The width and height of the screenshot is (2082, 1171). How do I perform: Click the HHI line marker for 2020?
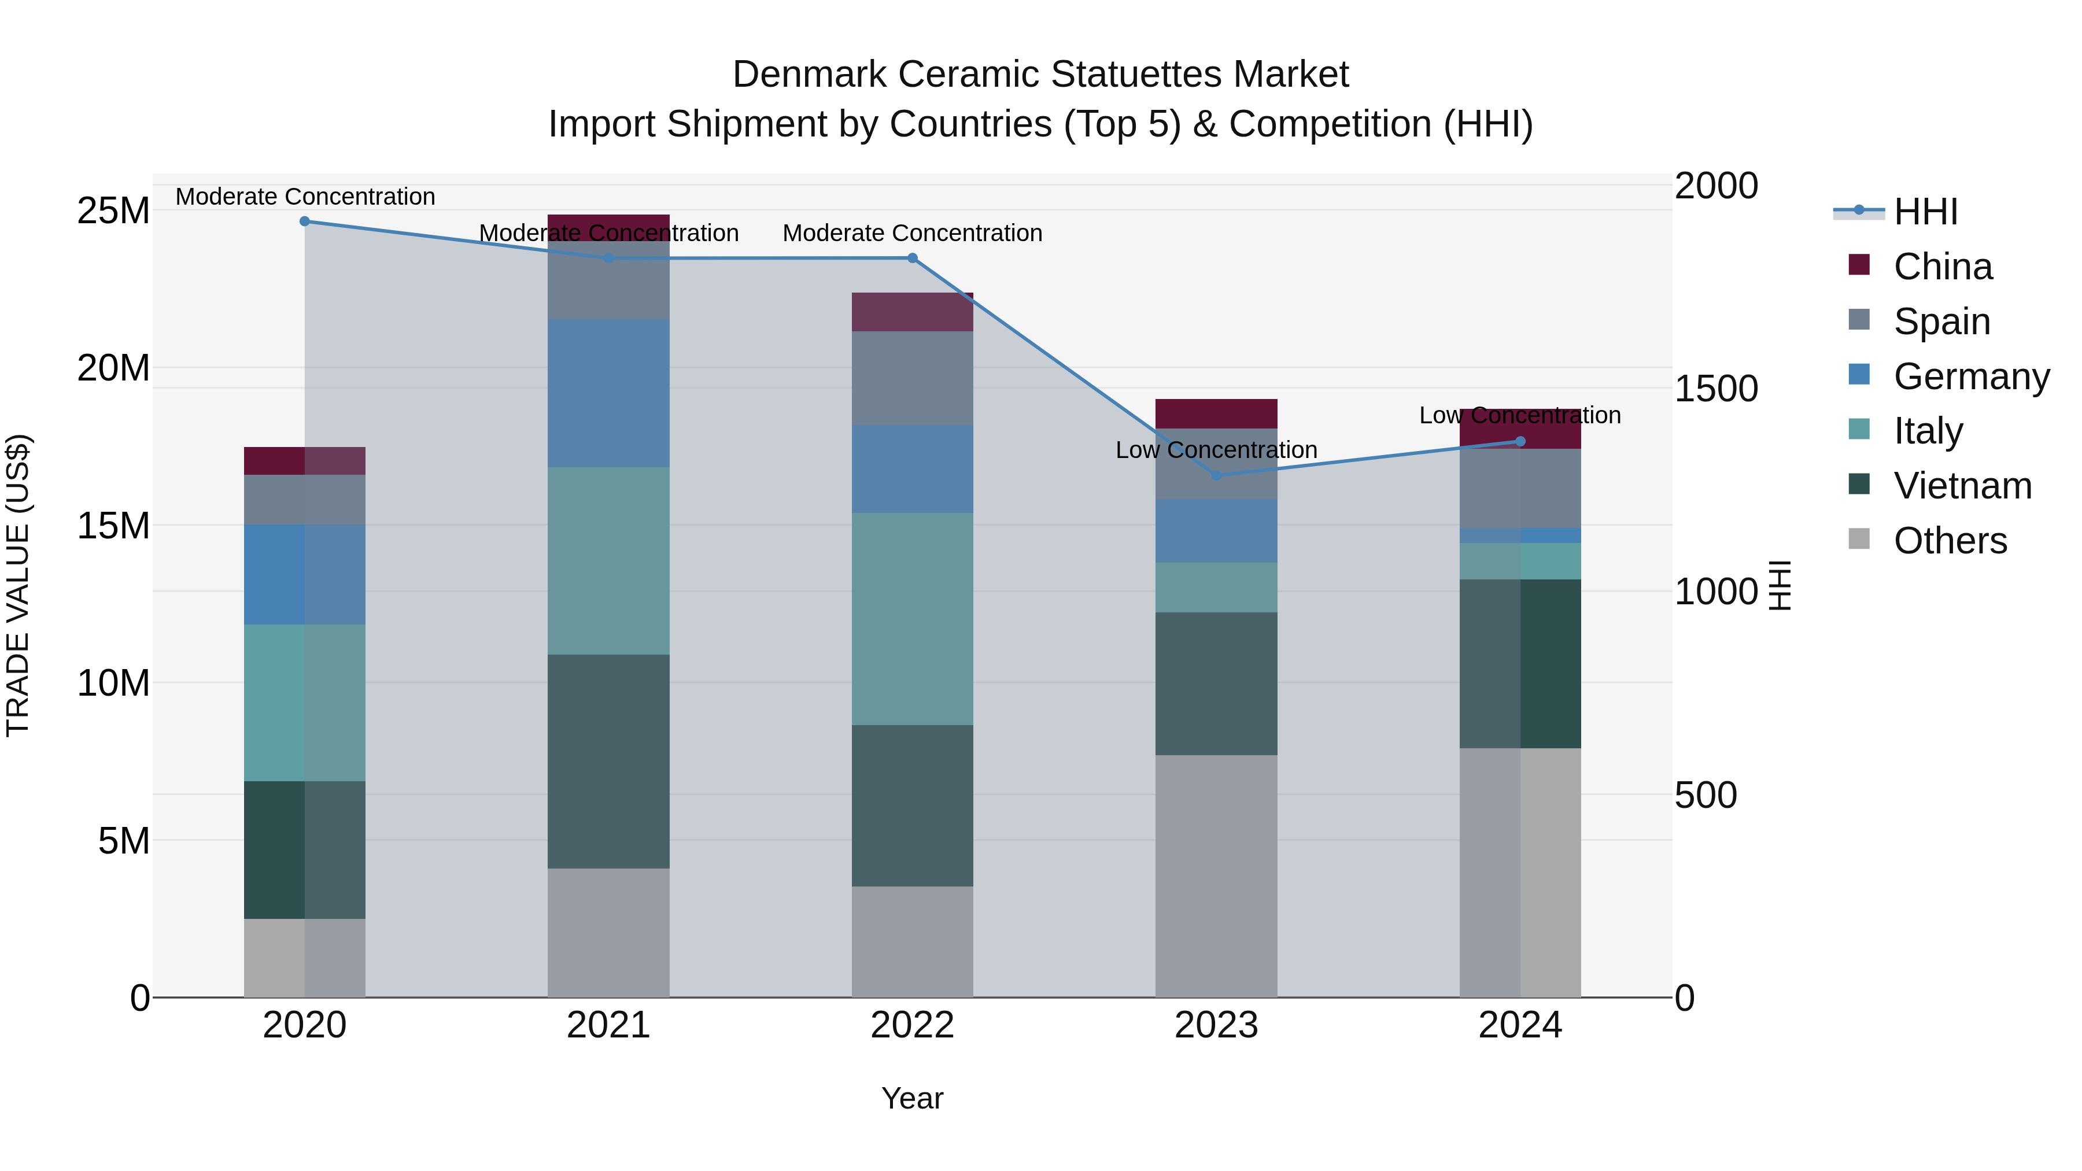[x=305, y=221]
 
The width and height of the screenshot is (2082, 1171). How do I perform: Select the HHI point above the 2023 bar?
[x=1216, y=476]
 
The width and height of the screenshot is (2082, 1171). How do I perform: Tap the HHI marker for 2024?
[x=1520, y=441]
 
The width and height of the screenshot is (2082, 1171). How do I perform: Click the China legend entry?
[x=1942, y=267]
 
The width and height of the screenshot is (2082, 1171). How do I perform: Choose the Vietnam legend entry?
[x=1962, y=486]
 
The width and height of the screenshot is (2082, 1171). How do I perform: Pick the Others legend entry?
[x=1950, y=541]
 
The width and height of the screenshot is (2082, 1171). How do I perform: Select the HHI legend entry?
[x=1925, y=212]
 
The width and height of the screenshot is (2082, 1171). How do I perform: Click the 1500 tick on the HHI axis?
[x=1716, y=389]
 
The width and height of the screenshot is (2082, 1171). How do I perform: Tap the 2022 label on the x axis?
[x=913, y=1025]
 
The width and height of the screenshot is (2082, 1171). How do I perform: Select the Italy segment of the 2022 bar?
[x=913, y=618]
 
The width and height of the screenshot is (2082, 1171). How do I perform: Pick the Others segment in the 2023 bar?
[x=1216, y=876]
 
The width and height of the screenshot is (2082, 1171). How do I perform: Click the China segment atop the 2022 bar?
[x=913, y=312]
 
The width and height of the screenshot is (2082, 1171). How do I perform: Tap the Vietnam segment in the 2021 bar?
[x=608, y=761]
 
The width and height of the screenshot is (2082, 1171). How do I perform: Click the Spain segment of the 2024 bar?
[x=1520, y=488]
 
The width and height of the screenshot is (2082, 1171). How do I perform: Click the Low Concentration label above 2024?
[x=1520, y=415]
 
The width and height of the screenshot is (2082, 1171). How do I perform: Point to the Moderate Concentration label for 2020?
[x=305, y=197]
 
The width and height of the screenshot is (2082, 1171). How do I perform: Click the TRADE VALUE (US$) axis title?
[x=18, y=585]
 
